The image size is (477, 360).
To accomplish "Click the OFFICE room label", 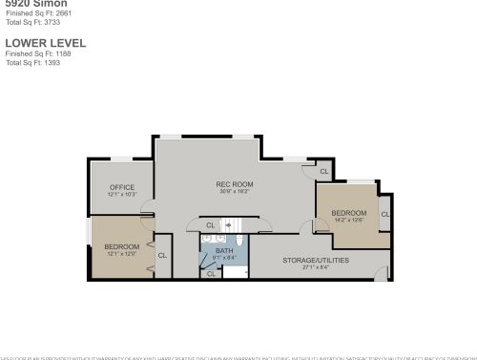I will (122, 186).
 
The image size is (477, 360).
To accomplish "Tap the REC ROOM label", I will (234, 183).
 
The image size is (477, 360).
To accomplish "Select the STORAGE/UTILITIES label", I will (316, 260).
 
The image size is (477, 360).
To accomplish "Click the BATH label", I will (223, 250).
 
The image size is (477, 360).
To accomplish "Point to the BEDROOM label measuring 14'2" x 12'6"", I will (348, 213).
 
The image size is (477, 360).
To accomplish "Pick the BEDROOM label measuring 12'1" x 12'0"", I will (121, 247).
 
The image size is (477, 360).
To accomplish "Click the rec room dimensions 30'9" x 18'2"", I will (234, 191).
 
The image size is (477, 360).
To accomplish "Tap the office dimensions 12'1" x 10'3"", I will (122, 194).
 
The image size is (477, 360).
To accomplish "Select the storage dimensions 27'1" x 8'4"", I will (316, 267).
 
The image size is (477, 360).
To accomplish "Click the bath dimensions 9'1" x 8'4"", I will (223, 257).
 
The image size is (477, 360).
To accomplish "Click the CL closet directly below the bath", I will (211, 274).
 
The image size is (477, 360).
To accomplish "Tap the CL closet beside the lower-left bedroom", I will (162, 255).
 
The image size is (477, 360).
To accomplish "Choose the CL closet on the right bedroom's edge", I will (385, 214).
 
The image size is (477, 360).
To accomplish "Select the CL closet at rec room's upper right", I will (323, 172).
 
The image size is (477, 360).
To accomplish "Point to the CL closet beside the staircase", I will (211, 225).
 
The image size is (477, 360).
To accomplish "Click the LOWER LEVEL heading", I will (46, 43).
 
